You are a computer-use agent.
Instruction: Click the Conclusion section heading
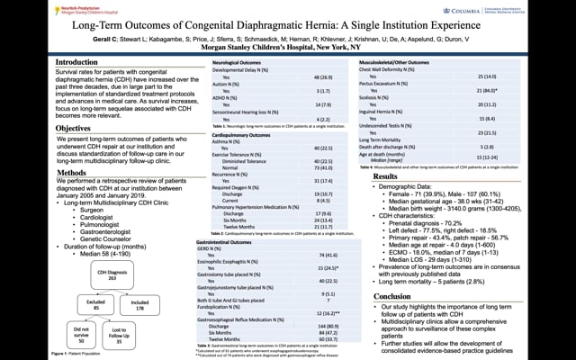pyautogui.click(x=398, y=295)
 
